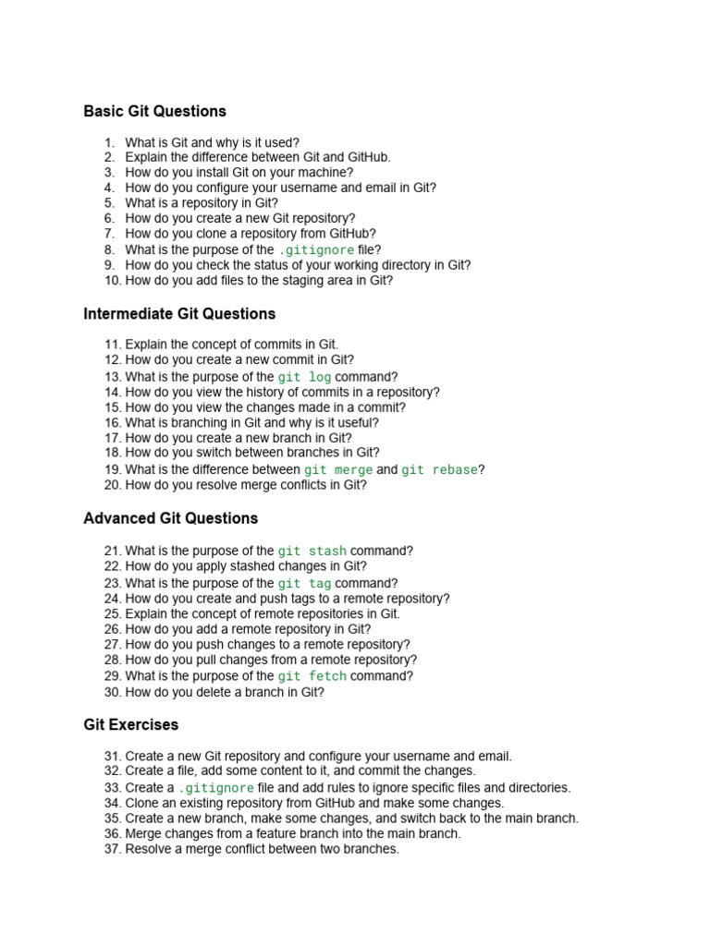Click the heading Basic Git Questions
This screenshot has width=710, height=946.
click(154, 111)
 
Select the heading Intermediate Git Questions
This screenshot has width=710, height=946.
click(179, 314)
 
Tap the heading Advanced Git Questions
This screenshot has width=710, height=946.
click(170, 518)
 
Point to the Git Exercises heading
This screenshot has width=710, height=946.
click(130, 725)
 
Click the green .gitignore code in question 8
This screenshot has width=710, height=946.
click(316, 250)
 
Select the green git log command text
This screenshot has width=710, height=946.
click(304, 377)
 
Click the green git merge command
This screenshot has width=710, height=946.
click(338, 469)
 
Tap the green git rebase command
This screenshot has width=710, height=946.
click(439, 469)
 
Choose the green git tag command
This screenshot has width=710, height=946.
click(304, 584)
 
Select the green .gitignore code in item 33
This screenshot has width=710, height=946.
click(216, 788)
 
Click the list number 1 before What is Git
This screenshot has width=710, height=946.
click(109, 142)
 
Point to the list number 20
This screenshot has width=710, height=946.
click(112, 485)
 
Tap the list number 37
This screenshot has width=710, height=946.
click(112, 849)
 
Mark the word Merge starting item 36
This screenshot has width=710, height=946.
click(144, 833)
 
